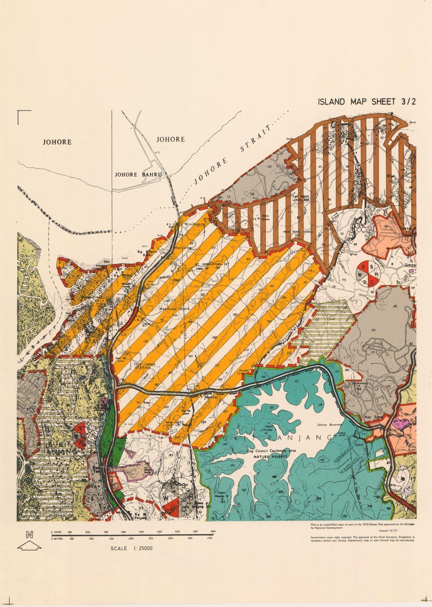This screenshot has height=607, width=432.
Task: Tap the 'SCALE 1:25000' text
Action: [133, 548]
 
